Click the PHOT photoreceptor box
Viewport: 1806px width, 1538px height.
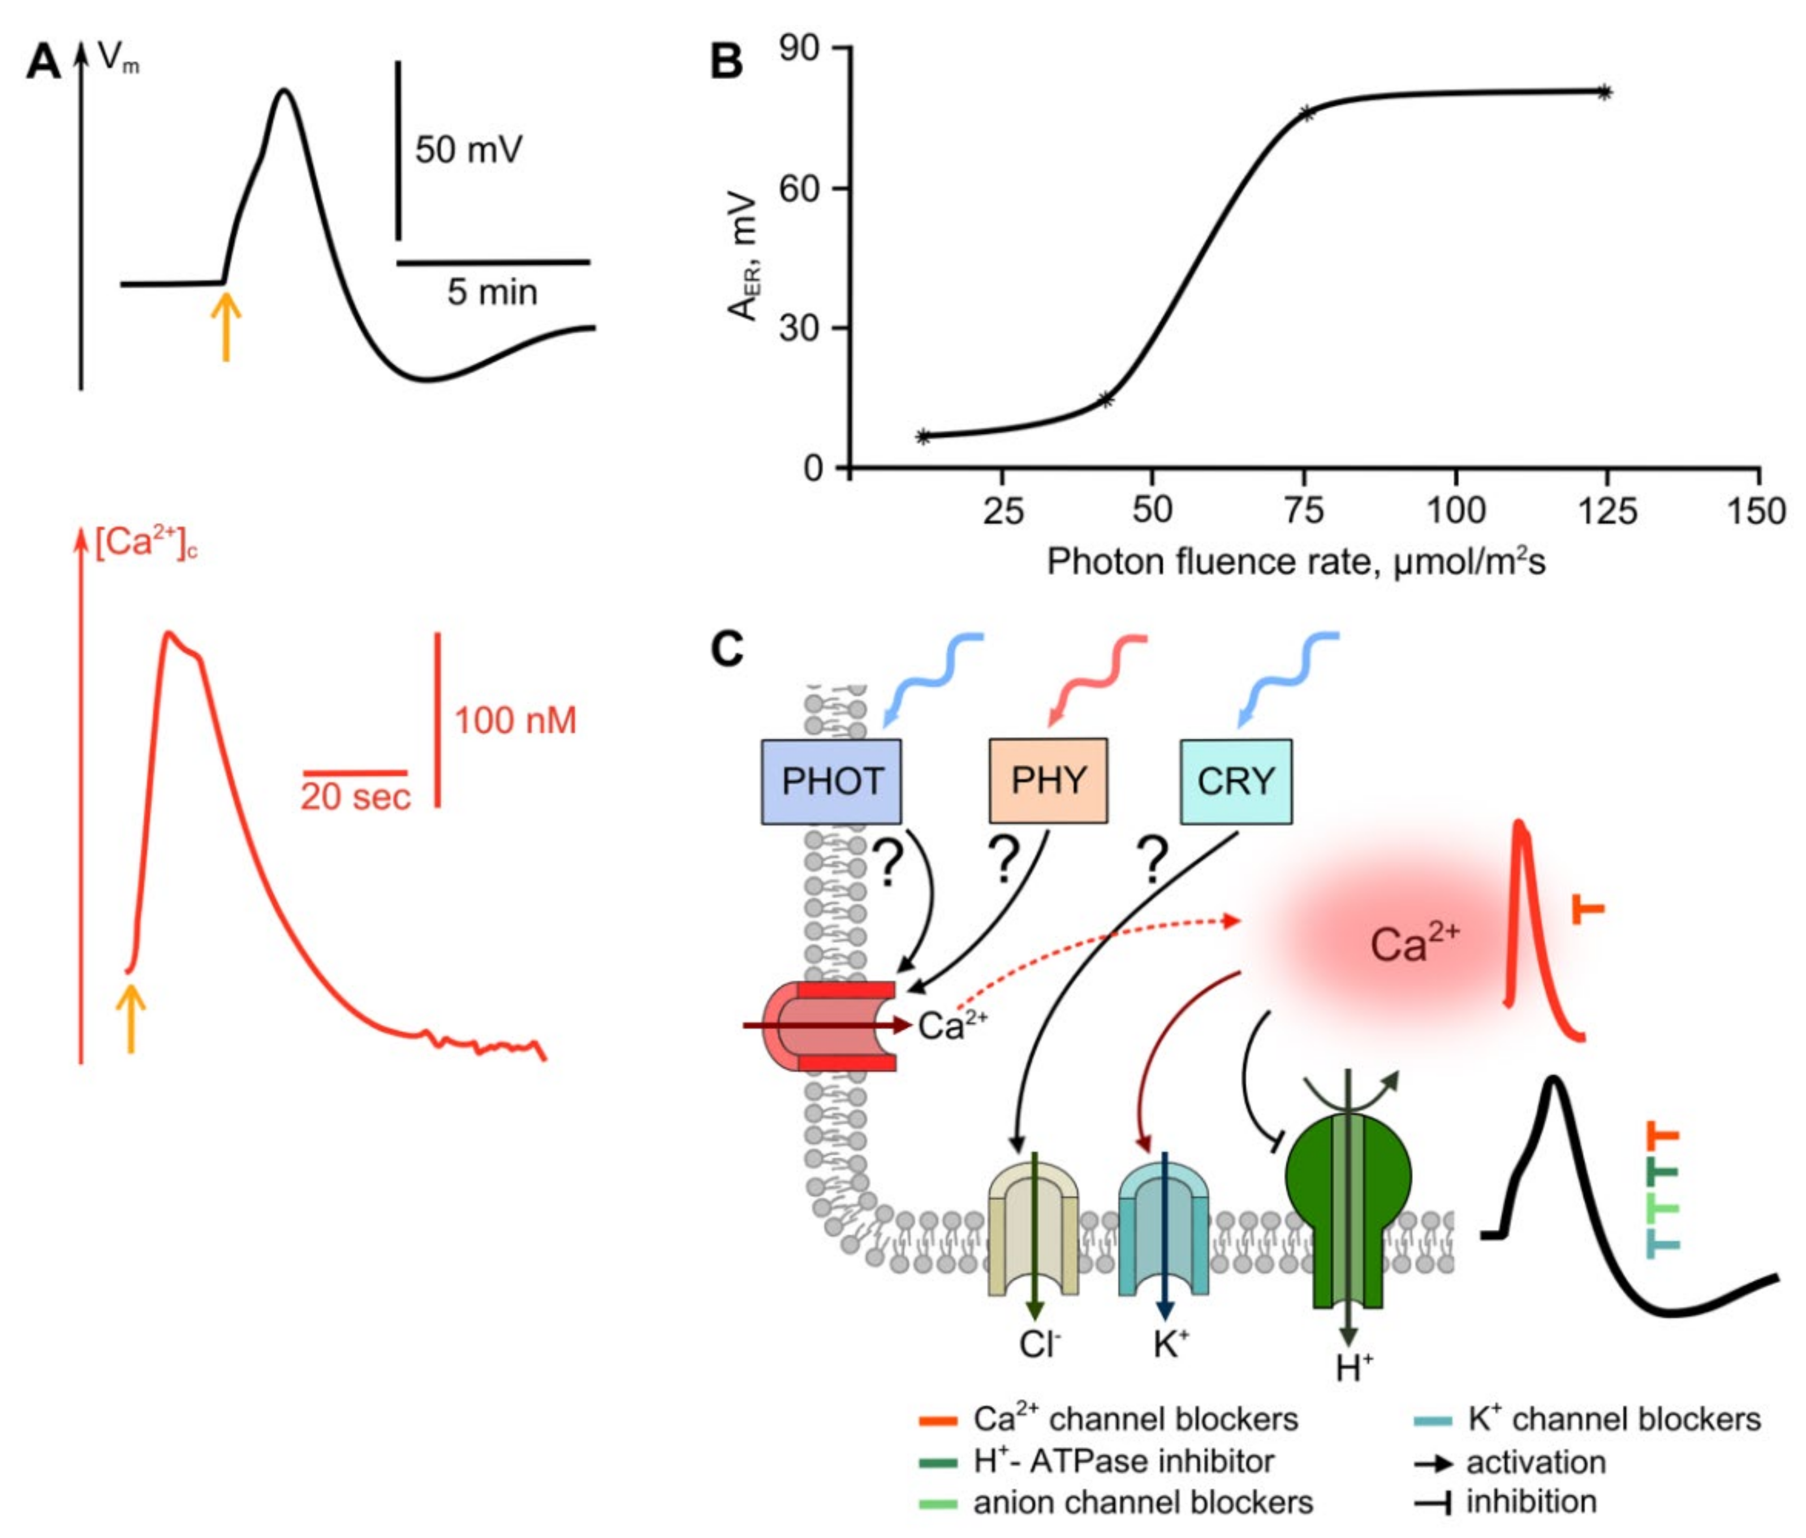(x=831, y=781)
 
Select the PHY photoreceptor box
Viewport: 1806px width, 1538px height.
(x=1048, y=781)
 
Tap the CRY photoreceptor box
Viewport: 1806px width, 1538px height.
(x=1235, y=781)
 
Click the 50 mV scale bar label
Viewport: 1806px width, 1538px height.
(x=468, y=150)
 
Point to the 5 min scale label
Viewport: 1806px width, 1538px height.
(x=493, y=292)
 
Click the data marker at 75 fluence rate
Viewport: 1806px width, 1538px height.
(x=1305, y=113)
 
